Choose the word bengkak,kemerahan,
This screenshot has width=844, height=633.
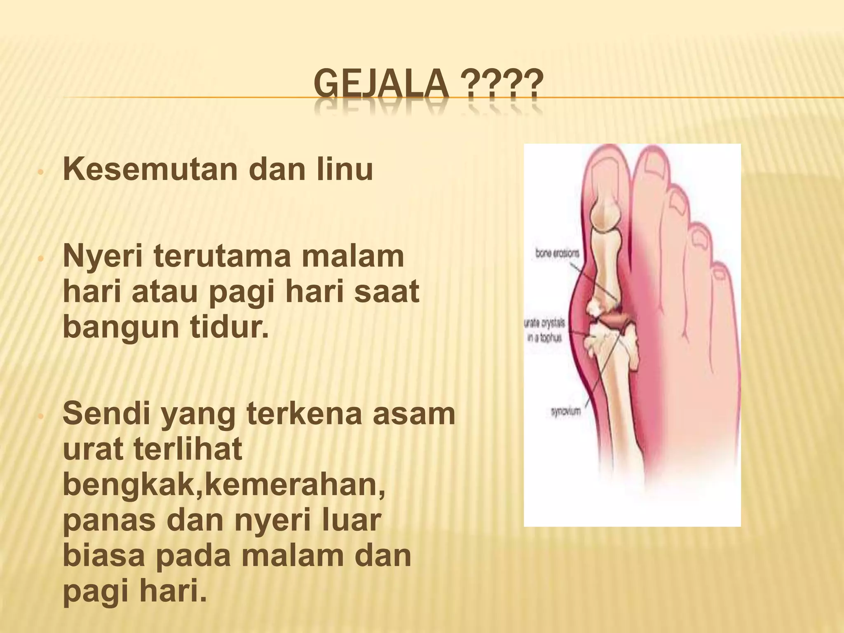click(x=224, y=487)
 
